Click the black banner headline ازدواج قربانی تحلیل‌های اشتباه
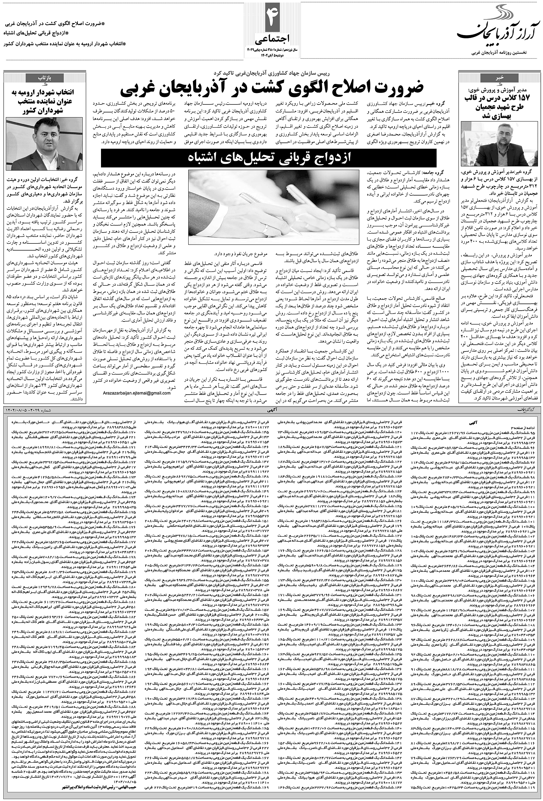[x=270, y=158]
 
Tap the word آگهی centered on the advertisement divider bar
[x=270, y=410]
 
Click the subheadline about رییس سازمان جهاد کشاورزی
[x=270, y=73]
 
